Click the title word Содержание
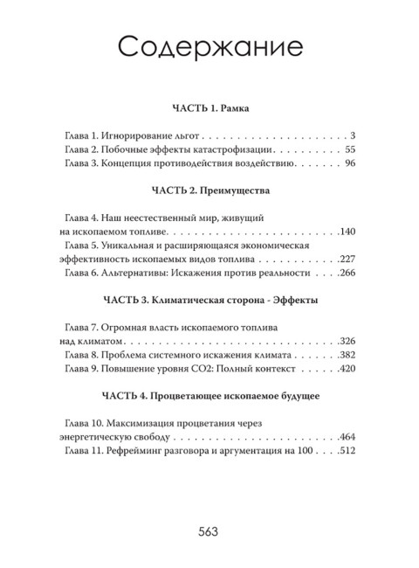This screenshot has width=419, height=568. tap(209, 45)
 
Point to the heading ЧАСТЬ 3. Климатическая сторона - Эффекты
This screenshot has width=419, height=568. tap(209, 300)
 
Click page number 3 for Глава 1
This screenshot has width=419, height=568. tap(350, 136)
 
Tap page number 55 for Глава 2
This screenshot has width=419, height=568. tap(347, 149)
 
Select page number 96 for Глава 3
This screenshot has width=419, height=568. tap(347, 163)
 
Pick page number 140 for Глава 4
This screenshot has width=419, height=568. tap(344, 232)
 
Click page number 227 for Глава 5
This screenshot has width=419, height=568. tap(344, 260)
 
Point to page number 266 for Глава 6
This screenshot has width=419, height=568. tap(344, 273)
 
